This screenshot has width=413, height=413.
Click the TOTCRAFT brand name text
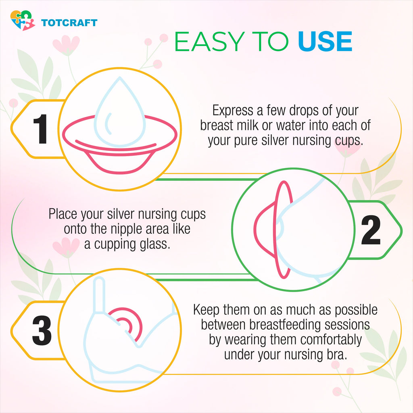[69, 23]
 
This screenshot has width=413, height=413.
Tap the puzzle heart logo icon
[23, 21]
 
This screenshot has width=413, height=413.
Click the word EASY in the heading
[209, 42]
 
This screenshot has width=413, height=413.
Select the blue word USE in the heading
[325, 42]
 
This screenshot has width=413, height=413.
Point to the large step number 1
[40, 129]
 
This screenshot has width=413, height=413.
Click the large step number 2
[371, 230]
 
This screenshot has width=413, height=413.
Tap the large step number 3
[42, 330]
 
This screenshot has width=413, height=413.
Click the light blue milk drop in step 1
[119, 112]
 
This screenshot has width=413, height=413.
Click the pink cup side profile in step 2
[274, 229]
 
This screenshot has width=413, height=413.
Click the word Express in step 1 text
[233, 111]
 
